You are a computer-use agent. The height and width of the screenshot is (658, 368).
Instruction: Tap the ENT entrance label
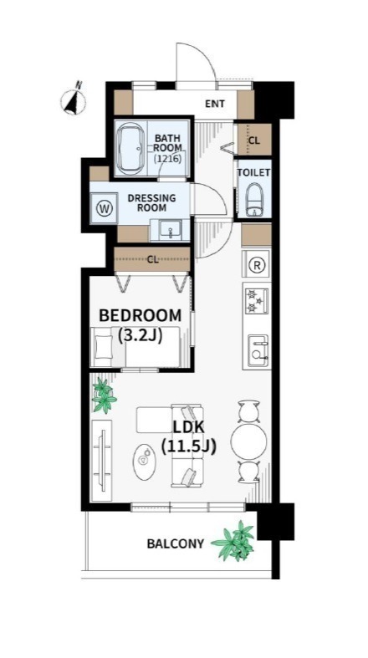pyautogui.click(x=214, y=103)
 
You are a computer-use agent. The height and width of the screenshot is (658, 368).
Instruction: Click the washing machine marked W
pyautogui.click(x=104, y=207)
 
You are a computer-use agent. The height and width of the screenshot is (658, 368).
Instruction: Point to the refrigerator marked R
pyautogui.click(x=256, y=264)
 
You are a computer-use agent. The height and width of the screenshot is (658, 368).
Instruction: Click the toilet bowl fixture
pyautogui.click(x=254, y=200)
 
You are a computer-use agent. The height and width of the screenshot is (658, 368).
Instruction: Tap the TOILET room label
pyautogui.click(x=253, y=172)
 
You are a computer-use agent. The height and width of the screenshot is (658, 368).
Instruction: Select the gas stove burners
pyautogui.click(x=256, y=301)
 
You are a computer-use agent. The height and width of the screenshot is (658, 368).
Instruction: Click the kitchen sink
pyautogui.click(x=258, y=351)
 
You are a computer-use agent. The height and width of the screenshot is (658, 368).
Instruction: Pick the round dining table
pyautogui.click(x=249, y=441)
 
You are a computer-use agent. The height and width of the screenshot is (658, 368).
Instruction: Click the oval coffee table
pyautogui.click(x=145, y=462)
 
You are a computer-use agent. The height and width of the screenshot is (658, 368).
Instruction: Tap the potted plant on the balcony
pyautogui.click(x=234, y=540)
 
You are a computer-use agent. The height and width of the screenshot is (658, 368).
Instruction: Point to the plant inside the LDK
pyautogui.click(x=103, y=395)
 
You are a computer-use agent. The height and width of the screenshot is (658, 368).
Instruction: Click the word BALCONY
pyautogui.click(x=175, y=543)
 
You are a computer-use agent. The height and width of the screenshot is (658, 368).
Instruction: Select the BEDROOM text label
pyautogui.click(x=141, y=314)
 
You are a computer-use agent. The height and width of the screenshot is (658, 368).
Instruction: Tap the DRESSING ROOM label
pyautogui.click(x=151, y=202)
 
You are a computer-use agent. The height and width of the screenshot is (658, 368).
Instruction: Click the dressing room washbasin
pyautogui.click(x=171, y=231)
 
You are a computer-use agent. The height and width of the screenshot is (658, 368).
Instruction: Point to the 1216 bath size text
pyautogui.click(x=167, y=159)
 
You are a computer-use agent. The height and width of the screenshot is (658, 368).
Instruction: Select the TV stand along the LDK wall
pyautogui.click(x=101, y=460)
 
